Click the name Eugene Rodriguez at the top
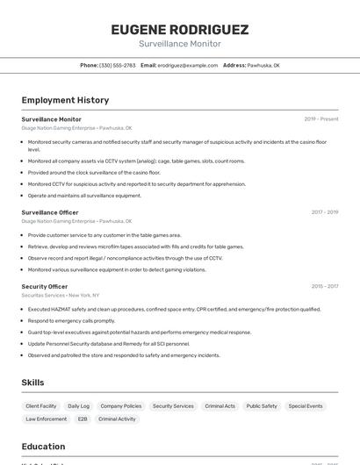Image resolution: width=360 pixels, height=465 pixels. click(x=180, y=30)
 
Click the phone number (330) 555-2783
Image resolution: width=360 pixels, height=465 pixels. click(x=117, y=66)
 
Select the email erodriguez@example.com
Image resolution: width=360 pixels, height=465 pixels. click(x=187, y=66)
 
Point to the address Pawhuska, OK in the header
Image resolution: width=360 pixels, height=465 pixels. click(x=263, y=66)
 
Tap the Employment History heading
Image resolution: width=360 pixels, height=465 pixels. click(x=65, y=100)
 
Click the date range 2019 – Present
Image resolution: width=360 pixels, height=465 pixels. click(x=320, y=119)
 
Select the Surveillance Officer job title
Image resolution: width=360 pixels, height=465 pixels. click(x=50, y=212)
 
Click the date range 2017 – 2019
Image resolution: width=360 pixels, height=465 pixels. click(x=325, y=212)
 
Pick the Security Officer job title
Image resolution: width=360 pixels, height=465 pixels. click(x=45, y=286)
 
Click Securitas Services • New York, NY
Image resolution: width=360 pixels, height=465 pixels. click(x=61, y=296)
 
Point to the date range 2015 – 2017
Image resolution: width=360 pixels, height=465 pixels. click(x=325, y=286)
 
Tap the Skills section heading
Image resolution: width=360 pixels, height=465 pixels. click(x=33, y=383)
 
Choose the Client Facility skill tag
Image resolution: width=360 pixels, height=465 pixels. click(x=41, y=406)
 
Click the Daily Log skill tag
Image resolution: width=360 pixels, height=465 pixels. click(x=79, y=406)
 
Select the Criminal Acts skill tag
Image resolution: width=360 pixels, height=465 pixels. click(x=220, y=406)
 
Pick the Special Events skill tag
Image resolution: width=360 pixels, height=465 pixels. click(x=306, y=406)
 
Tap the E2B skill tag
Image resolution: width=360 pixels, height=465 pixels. click(x=83, y=419)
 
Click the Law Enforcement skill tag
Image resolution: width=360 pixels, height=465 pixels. click(x=46, y=419)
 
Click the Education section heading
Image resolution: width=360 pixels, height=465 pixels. click(x=44, y=447)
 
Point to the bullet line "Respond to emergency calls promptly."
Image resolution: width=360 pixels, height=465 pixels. click(x=72, y=321)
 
